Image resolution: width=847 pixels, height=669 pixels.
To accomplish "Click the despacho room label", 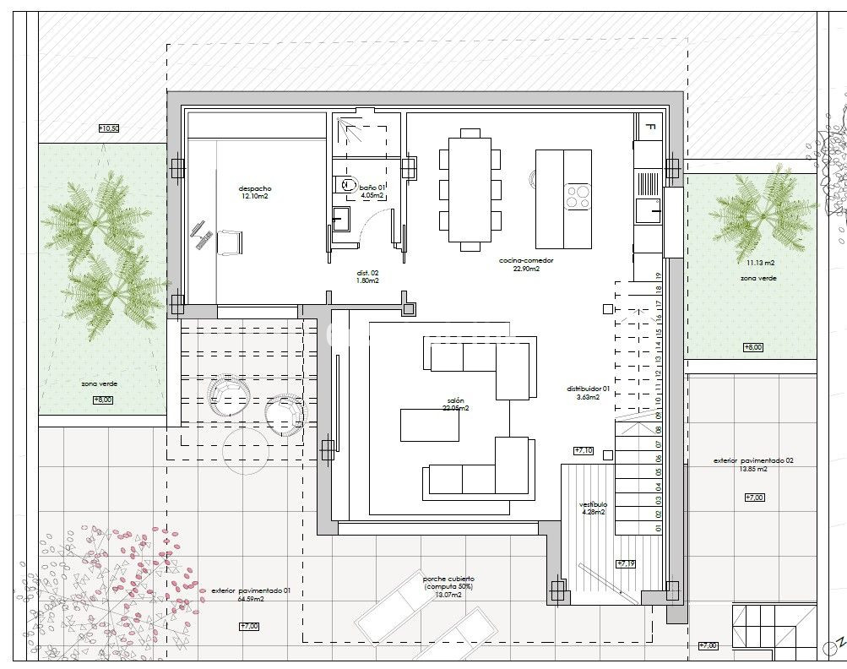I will coord(254,188).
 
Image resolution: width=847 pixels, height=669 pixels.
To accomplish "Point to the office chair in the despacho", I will coord(230,242).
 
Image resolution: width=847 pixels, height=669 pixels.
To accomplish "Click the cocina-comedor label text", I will coord(525,261).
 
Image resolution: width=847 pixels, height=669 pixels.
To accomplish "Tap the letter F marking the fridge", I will coord(649,128).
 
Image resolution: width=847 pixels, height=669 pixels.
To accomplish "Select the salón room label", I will coord(455,400).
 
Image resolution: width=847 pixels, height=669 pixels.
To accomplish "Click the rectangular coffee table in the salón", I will coord(429,424).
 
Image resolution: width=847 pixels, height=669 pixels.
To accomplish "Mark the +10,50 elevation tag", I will coord(109,128).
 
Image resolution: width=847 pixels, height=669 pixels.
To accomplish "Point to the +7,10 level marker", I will coord(584,450).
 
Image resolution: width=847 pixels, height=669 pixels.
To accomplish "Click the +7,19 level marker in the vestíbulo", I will coord(626,563).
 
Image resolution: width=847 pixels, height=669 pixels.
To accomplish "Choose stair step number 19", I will coord(657,275).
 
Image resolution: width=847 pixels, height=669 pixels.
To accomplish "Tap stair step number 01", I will coord(657,528).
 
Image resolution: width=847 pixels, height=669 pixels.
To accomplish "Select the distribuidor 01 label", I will coord(588,389).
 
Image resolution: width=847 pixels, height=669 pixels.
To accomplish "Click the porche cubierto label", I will coord(448,579).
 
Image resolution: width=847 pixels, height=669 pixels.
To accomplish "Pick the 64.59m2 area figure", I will coord(251,599).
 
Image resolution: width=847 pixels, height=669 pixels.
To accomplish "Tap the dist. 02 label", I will coord(366,274).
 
